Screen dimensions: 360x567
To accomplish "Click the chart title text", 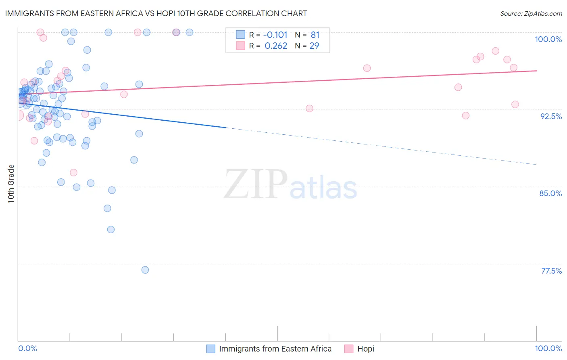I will [x=156, y=13].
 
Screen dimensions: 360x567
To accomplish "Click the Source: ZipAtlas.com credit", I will [x=531, y=13].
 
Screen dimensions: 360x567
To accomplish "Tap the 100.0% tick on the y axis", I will [x=548, y=39].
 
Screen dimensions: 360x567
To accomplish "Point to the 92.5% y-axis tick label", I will [x=551, y=116].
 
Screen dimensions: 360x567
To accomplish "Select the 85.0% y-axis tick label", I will [x=550, y=193].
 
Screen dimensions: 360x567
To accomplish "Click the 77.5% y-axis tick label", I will [x=551, y=271].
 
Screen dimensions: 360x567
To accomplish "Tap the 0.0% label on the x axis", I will [x=27, y=348].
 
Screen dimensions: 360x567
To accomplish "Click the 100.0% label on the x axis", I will [x=548, y=348].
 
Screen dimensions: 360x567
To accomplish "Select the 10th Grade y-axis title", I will [x=11, y=184].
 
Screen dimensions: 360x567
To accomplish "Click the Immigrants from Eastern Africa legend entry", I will [x=275, y=349].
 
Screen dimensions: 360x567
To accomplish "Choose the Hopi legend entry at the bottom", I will [x=365, y=349].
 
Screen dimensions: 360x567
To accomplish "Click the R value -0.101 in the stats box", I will [x=275, y=35].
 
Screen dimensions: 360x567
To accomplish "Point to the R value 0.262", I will [x=276, y=46].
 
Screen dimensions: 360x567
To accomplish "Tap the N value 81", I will [x=315, y=35].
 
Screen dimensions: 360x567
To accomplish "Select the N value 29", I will [x=314, y=46].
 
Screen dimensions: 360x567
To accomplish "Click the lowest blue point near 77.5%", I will [x=145, y=270].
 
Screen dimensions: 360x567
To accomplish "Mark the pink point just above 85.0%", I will [x=73, y=172].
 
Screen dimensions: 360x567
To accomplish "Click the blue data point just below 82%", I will [x=111, y=230].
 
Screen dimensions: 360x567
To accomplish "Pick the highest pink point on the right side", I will [x=496, y=51].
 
